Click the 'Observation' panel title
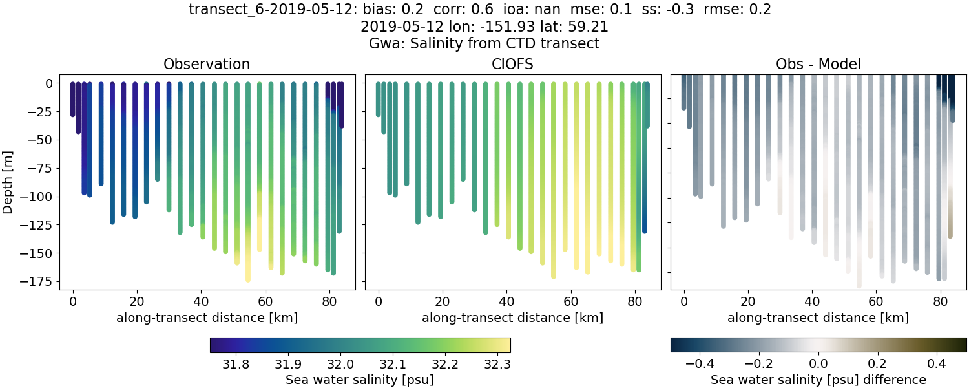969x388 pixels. pos(206,64)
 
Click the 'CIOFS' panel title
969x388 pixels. pos(512,64)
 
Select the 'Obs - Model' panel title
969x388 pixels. pos(818,64)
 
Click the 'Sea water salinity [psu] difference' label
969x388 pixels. pos(818,380)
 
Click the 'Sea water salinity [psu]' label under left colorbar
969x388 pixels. pos(360,380)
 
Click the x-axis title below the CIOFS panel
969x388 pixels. pos(512,318)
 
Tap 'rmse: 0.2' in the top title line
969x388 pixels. pos(738,10)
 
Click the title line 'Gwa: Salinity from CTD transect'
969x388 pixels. pos(484,43)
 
